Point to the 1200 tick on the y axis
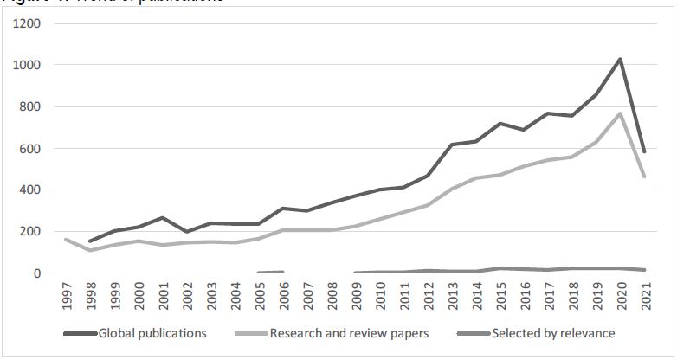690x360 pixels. pyautogui.click(x=26, y=23)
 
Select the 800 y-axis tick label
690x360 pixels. pyautogui.click(x=29, y=106)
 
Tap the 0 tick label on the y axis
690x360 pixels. pyautogui.click(x=35, y=273)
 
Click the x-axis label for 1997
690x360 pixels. pyautogui.click(x=67, y=297)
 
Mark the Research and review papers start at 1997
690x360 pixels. pyautogui.click(x=67, y=240)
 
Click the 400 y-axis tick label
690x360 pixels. pyautogui.click(x=29, y=190)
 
